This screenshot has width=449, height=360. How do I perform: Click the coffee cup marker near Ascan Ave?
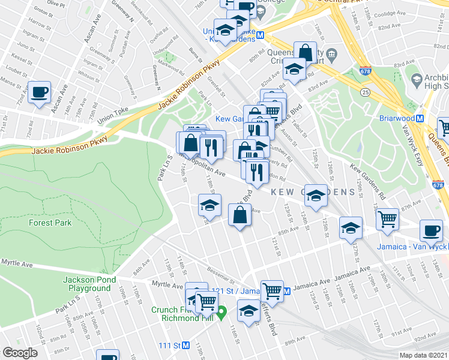point(40,92)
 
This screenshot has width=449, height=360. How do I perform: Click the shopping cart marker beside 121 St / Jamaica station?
point(273,292)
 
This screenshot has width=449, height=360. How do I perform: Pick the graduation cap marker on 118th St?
point(209,205)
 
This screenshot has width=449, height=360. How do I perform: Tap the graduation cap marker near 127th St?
point(351,228)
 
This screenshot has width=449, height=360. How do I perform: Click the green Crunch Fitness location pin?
point(221,310)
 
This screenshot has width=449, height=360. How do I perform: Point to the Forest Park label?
point(50,223)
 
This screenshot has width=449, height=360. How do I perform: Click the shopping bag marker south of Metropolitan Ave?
point(240,215)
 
